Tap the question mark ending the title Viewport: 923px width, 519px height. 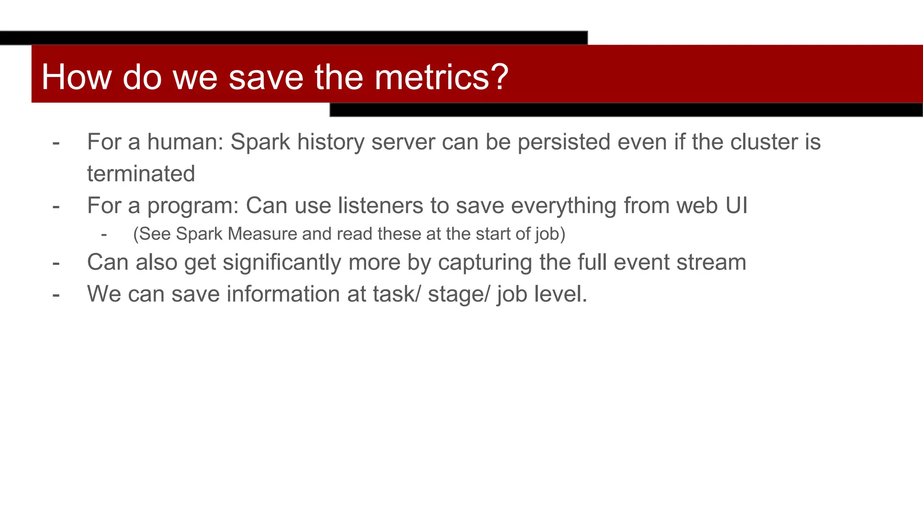[499, 77]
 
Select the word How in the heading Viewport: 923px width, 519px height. [76, 77]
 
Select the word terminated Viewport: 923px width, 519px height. [141, 174]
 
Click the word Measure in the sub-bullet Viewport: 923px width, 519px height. [262, 234]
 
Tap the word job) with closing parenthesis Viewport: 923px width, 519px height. [550, 234]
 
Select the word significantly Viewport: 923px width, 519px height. [282, 262]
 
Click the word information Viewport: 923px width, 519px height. [283, 294]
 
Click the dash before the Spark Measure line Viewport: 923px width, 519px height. [104, 234]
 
